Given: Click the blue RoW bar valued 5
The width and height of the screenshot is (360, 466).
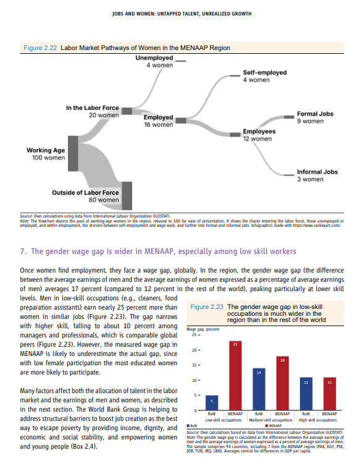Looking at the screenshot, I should coord(211,403).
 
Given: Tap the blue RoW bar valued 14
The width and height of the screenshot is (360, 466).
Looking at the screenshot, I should coord(259,389).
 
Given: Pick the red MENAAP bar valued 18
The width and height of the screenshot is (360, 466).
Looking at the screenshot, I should coord(282,383).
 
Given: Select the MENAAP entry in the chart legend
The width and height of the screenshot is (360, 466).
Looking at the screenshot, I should coord(274,425).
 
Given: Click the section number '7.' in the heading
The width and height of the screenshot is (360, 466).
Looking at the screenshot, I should coord(23,251).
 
